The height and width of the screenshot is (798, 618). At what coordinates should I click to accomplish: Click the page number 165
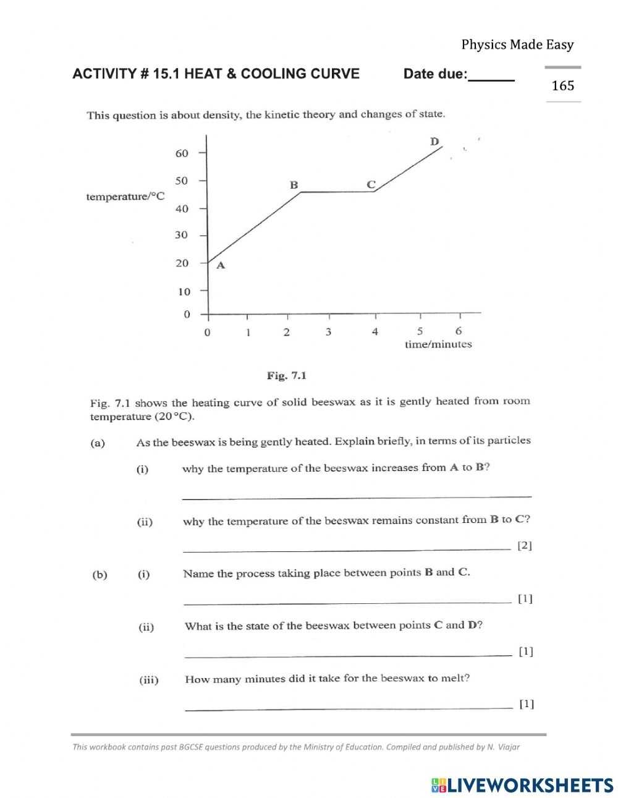pyautogui.click(x=562, y=86)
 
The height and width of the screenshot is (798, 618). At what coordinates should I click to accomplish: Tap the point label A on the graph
pyautogui.click(x=221, y=266)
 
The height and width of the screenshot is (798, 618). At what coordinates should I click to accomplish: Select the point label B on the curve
pyautogui.click(x=294, y=185)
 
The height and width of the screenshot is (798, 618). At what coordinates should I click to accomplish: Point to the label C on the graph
pyautogui.click(x=371, y=184)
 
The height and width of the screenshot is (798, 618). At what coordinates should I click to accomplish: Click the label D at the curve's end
pyautogui.click(x=434, y=142)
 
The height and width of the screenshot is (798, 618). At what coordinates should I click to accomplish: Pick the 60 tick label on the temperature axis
pyautogui.click(x=182, y=153)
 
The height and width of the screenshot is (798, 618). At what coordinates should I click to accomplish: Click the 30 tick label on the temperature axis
pyautogui.click(x=182, y=235)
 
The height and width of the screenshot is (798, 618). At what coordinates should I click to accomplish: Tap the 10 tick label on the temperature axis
pyautogui.click(x=184, y=291)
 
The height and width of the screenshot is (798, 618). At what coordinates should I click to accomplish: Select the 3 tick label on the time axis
pyautogui.click(x=328, y=332)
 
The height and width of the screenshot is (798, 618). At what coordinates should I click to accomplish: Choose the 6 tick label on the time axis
pyautogui.click(x=458, y=331)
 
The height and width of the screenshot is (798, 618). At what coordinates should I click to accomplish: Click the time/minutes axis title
pyautogui.click(x=438, y=344)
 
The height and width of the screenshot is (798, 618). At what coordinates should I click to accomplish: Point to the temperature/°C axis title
pyautogui.click(x=125, y=197)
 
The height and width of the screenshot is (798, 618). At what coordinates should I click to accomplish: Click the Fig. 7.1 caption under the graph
pyautogui.click(x=286, y=375)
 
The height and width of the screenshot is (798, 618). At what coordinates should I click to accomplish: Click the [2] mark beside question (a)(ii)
pyautogui.click(x=524, y=545)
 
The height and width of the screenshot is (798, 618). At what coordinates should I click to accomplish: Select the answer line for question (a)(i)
pyautogui.click(x=357, y=496)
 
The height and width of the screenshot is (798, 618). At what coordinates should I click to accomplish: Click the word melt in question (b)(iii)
pyautogui.click(x=455, y=678)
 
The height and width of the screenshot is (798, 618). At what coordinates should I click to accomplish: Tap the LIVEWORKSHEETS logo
pyautogui.click(x=522, y=785)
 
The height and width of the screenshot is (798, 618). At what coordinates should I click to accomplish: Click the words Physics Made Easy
pyautogui.click(x=517, y=45)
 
